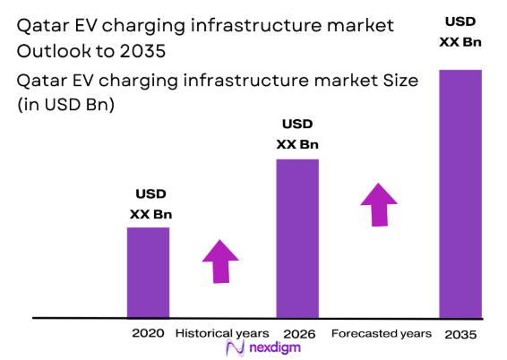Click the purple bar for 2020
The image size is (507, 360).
click(148, 272)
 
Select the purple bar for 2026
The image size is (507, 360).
click(296, 238)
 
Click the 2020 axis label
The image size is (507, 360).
click(148, 333)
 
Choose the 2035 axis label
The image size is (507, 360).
click(460, 333)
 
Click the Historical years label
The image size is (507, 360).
click(221, 333)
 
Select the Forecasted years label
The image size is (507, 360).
click(381, 333)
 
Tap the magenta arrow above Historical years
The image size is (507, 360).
click(220, 261)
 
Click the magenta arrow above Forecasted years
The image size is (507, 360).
click(379, 205)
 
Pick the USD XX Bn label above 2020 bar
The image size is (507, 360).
click(150, 204)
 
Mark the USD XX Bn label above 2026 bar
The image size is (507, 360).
click(297, 133)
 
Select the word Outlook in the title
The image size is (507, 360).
click(54, 50)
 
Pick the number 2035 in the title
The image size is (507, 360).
click(149, 50)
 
